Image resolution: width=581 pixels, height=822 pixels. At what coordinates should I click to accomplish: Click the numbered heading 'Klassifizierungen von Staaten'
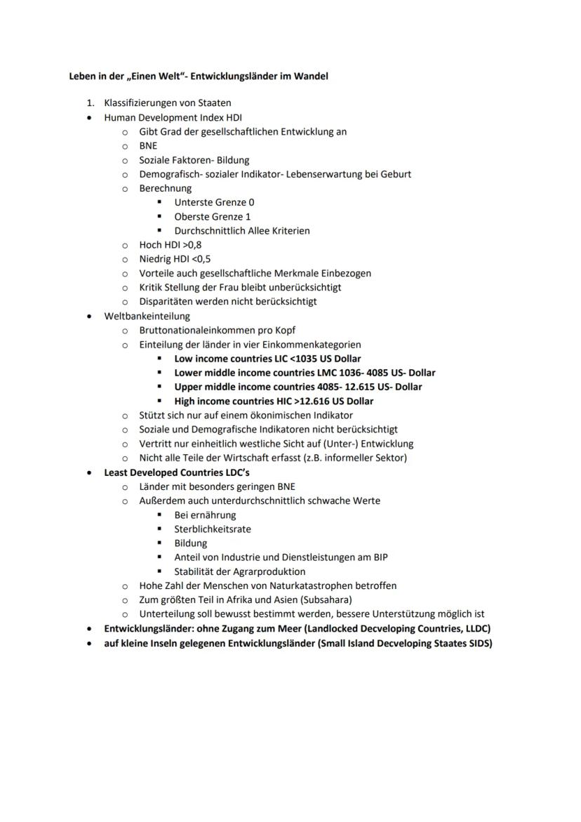[x=168, y=103]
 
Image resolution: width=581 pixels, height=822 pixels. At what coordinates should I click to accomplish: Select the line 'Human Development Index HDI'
[x=173, y=117]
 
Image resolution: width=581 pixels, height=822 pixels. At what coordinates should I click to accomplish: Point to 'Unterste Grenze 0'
[x=214, y=202]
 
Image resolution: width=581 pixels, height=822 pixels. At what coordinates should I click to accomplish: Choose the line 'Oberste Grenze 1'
[x=212, y=216]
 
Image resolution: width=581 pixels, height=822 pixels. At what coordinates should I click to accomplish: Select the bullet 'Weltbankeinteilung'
[x=147, y=316]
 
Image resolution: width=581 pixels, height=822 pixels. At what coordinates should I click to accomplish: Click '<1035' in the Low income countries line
[x=309, y=359]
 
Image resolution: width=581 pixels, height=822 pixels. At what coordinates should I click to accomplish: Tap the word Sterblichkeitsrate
[x=212, y=529]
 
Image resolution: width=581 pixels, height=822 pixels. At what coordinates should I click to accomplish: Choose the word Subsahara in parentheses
[x=327, y=599]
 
